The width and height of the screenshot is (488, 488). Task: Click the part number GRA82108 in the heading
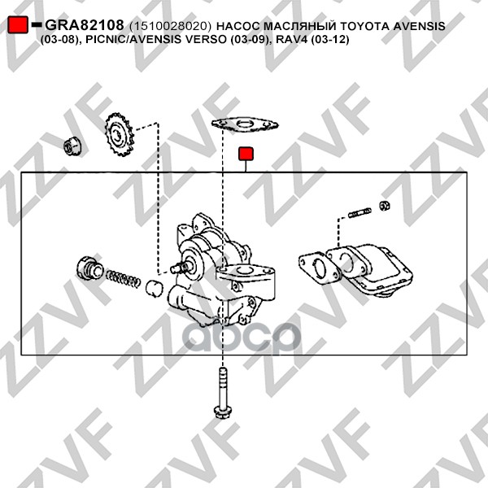(85, 25)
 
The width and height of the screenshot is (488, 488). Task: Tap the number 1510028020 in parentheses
(170, 26)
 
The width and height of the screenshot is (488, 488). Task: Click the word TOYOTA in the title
(364, 26)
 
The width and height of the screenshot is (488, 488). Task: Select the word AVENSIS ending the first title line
(419, 26)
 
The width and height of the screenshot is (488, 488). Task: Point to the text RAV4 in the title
(291, 40)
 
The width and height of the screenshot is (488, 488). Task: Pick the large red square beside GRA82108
(18, 25)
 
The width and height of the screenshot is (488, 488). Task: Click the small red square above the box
(246, 154)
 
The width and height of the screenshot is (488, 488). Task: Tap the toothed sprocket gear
(120, 134)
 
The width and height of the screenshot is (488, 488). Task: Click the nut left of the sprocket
(72, 146)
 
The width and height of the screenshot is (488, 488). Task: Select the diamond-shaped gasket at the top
(245, 124)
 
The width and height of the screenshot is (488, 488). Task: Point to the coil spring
(123, 277)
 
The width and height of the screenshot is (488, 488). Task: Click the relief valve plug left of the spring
(90, 269)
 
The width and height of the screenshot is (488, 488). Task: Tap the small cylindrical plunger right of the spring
(154, 289)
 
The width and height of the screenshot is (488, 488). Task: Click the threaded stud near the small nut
(359, 212)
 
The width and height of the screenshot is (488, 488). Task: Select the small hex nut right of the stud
(385, 206)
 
